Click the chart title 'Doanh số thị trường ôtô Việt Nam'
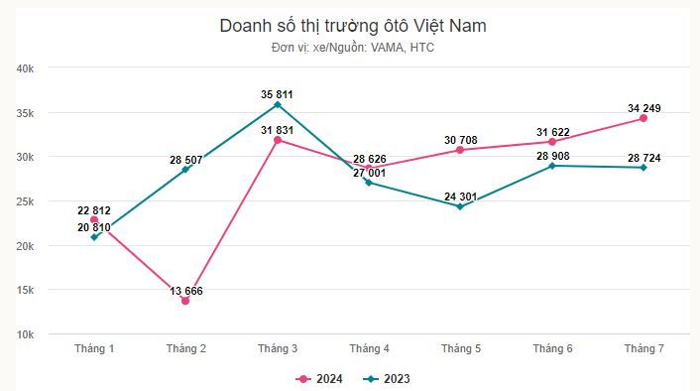(353, 26)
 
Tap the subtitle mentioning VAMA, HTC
(353, 48)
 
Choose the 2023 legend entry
(388, 378)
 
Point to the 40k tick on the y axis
(26, 68)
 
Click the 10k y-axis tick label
(26, 334)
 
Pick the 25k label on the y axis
(26, 201)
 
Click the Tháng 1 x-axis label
(94, 348)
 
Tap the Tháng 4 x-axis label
(369, 348)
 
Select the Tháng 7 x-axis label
(643, 348)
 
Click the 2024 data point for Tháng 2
(185, 301)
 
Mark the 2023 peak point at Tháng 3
(277, 104)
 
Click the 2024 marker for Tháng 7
(643, 118)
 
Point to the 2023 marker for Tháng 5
(460, 206)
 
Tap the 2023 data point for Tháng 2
(185, 170)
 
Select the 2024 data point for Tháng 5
(460, 150)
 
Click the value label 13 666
(186, 290)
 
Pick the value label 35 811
(277, 94)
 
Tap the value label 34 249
(643, 108)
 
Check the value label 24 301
(460, 196)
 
